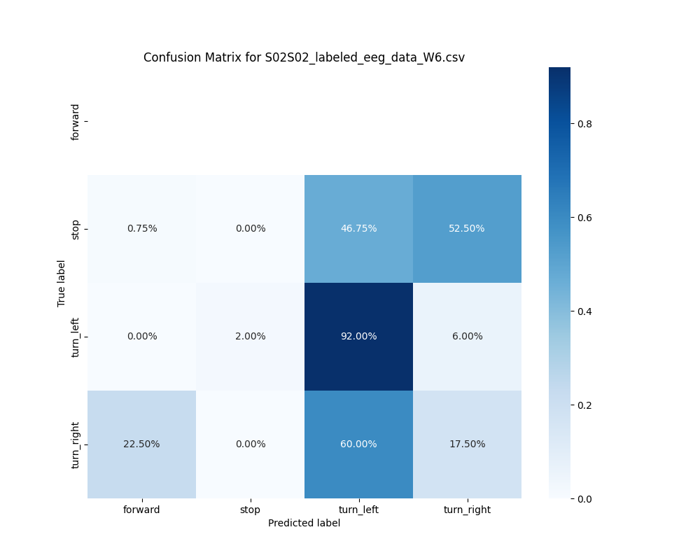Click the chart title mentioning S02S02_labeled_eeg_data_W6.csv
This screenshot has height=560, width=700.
[x=304, y=57]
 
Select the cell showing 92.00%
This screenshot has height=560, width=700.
[x=358, y=336]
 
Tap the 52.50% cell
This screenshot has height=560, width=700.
[x=467, y=228]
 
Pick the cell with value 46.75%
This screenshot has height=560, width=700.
[x=358, y=228]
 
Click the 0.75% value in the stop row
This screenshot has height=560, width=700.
[x=141, y=228]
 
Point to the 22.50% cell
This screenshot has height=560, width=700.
[x=141, y=444]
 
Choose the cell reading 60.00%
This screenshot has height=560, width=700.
[x=358, y=444]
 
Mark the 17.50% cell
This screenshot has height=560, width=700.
[x=467, y=444]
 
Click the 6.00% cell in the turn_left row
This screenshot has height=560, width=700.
[x=467, y=336]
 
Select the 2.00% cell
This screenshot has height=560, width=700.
[x=250, y=336]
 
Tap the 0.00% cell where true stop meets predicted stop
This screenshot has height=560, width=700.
[x=250, y=228]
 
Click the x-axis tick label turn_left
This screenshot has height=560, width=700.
[x=358, y=510]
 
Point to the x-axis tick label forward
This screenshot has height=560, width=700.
[x=141, y=510]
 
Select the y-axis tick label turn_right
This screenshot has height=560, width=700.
[x=76, y=444]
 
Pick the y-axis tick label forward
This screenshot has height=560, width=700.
[x=76, y=121]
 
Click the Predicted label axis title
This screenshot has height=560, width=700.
[x=304, y=523]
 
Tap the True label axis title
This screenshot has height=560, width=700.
[x=62, y=283]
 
